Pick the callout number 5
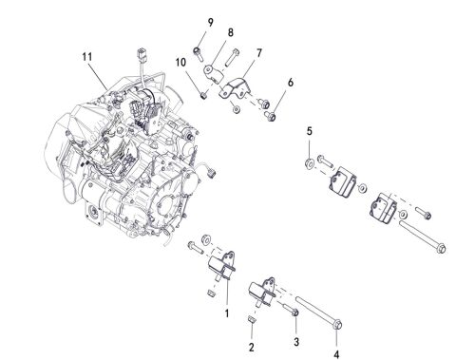click(x=308, y=130)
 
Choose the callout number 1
click(x=226, y=311)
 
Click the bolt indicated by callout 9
click(x=199, y=48)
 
